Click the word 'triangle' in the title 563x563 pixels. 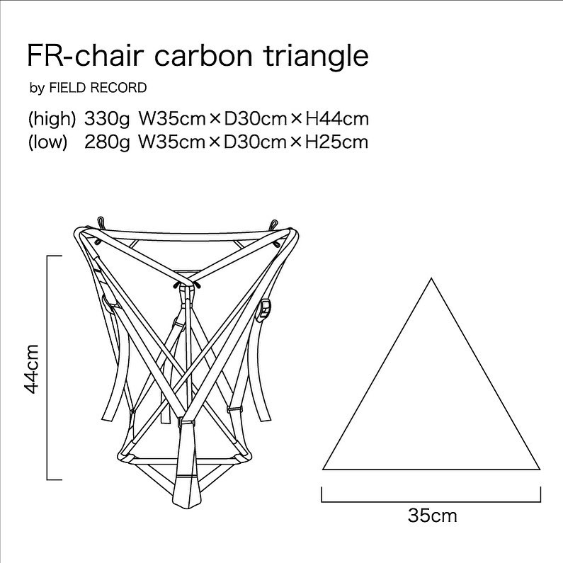[x=317, y=57]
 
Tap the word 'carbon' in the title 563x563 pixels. [x=203, y=57]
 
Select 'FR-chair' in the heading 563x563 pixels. [x=85, y=56]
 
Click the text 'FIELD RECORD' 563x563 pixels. [x=98, y=88]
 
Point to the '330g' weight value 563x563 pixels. [x=107, y=119]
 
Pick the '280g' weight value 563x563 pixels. [x=107, y=142]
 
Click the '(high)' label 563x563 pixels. [x=52, y=119]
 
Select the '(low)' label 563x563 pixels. [x=47, y=142]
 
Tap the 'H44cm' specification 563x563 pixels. [x=337, y=119]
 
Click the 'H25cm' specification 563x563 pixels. [x=336, y=142]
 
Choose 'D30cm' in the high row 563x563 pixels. [x=255, y=119]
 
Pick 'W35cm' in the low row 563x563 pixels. [x=172, y=142]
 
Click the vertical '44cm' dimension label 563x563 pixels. [x=31, y=369]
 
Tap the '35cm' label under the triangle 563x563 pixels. [x=432, y=516]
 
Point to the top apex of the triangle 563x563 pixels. [x=431, y=278]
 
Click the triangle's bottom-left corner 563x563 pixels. [x=323, y=470]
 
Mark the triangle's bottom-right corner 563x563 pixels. [x=540, y=470]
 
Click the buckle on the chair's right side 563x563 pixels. [x=265, y=309]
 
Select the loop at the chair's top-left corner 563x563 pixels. [x=101, y=222]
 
